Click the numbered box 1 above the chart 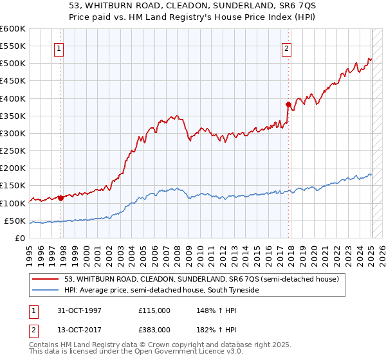59,48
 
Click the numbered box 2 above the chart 286,48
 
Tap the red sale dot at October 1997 61,198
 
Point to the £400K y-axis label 13,98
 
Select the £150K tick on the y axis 13,186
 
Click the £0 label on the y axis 20,238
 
